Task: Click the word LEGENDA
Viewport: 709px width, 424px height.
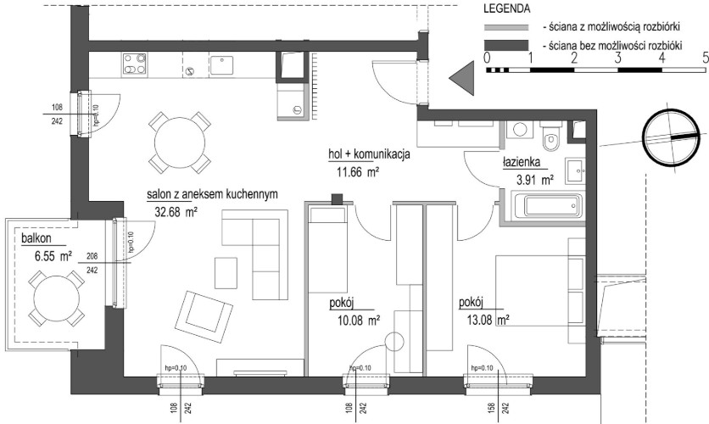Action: point(507,8)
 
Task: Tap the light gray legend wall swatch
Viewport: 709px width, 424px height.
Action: point(506,28)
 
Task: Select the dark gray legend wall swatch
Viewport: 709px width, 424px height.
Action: point(506,45)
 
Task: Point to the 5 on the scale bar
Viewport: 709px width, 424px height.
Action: point(705,58)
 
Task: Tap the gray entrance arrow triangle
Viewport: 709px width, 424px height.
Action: point(461,78)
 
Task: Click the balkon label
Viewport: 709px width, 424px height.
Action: point(36,238)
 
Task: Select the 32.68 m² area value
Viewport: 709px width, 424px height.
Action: point(176,212)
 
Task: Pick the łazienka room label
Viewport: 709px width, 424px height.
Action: point(522,162)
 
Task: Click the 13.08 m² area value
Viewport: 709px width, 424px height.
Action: point(488,321)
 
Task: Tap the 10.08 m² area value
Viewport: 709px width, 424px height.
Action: point(359,321)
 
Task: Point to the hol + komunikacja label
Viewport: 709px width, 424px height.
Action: point(369,154)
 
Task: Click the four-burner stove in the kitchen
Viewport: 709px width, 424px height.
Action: point(135,64)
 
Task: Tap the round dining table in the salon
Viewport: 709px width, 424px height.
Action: point(180,143)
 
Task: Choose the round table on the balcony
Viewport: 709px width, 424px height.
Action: point(57,298)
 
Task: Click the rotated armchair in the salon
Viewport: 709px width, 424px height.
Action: point(204,318)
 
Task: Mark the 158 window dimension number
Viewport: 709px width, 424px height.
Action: point(492,408)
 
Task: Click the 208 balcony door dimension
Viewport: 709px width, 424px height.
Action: point(92,256)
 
